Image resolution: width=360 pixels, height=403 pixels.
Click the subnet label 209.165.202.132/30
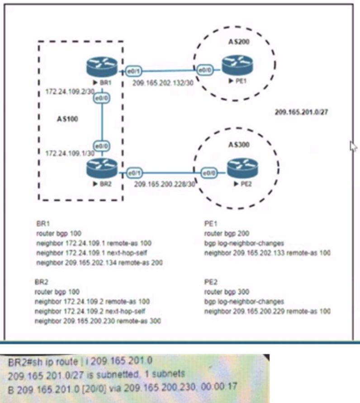pos(163,83)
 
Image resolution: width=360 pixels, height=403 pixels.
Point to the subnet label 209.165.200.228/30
pos(164,184)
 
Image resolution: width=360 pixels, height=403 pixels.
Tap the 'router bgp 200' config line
pos(224,234)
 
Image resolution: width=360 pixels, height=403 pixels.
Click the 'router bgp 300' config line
pos(224,292)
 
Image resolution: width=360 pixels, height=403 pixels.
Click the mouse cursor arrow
pos(353,146)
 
